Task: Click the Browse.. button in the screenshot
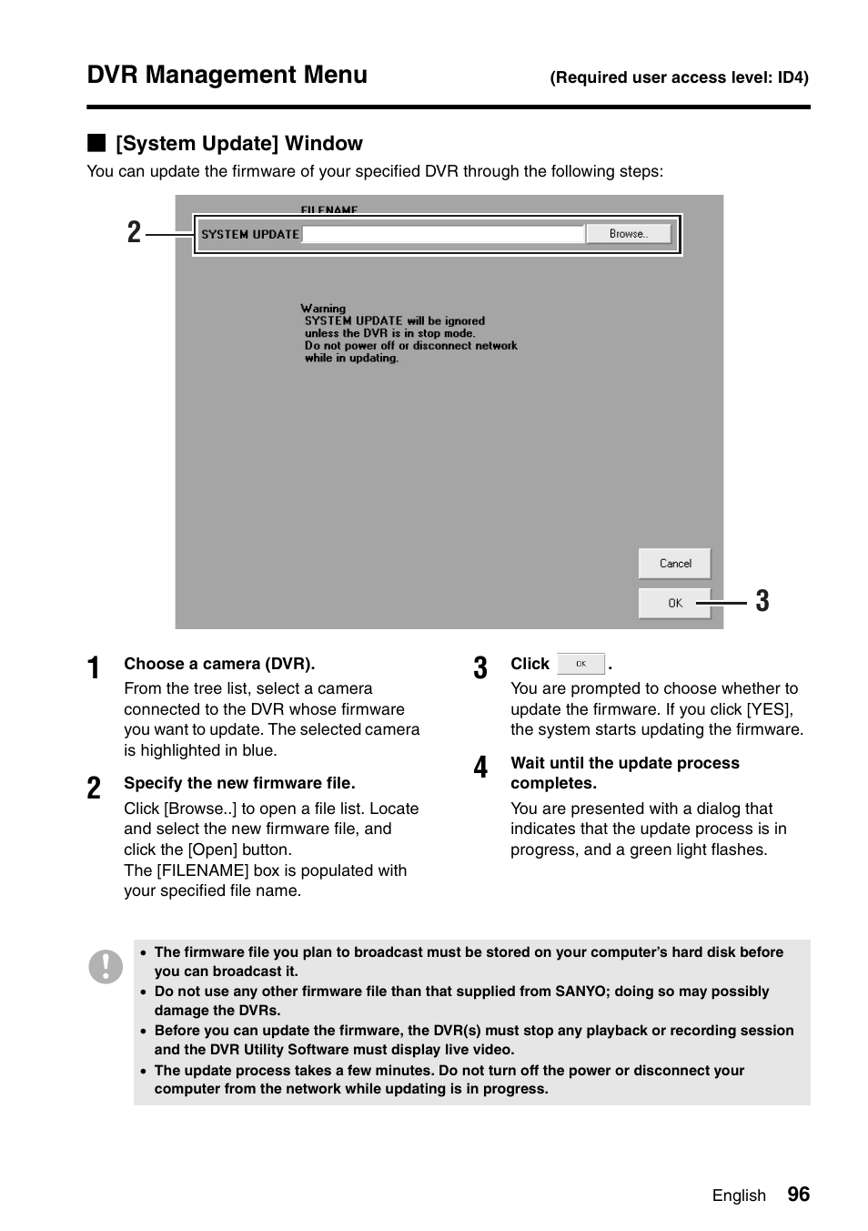(x=629, y=234)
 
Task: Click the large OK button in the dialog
(x=674, y=603)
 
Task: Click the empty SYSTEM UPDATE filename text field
(x=442, y=234)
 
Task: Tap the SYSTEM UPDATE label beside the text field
(x=250, y=234)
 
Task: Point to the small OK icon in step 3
(x=580, y=664)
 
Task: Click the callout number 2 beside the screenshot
(x=135, y=233)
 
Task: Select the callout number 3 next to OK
(x=762, y=601)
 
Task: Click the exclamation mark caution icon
(x=106, y=966)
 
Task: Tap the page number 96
(x=798, y=1195)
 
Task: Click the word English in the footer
(x=739, y=1195)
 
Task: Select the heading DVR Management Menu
(x=227, y=75)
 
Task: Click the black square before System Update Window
(x=96, y=143)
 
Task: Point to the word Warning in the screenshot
(x=323, y=309)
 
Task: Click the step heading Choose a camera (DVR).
(x=219, y=664)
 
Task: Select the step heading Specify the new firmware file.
(x=239, y=783)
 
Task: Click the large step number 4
(x=480, y=768)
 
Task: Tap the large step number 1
(x=94, y=668)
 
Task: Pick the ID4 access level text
(x=791, y=77)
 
